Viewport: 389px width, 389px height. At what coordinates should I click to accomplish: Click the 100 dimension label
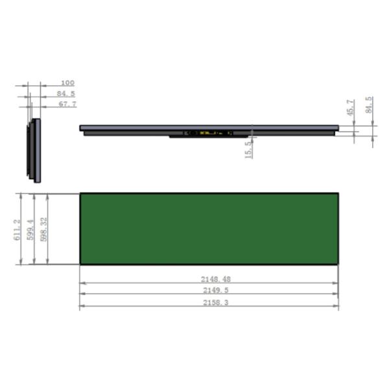[x=67, y=82]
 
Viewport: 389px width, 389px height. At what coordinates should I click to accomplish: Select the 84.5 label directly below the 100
[x=65, y=93]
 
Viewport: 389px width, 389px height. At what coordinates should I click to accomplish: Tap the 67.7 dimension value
[x=67, y=104]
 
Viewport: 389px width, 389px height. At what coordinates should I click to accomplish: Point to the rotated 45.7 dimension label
[x=350, y=108]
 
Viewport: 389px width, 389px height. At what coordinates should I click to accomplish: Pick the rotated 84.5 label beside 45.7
[x=369, y=105]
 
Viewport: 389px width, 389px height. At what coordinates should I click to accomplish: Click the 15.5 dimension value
[x=248, y=150]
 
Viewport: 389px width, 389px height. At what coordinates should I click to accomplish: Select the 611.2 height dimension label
[x=17, y=230]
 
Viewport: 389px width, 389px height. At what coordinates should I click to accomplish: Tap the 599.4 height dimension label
[x=30, y=230]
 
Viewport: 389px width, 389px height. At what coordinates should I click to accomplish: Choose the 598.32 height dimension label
[x=43, y=230]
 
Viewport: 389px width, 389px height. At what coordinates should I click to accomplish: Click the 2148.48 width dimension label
[x=216, y=279]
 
